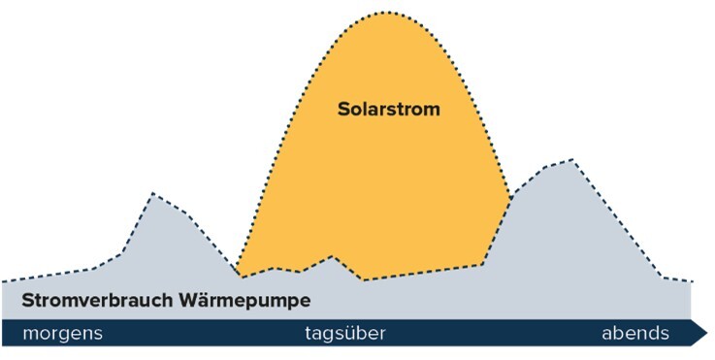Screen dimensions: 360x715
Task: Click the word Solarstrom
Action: click(x=388, y=109)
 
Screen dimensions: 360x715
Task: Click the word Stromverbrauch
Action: click(x=97, y=300)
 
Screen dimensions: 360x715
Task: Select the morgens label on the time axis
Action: click(x=62, y=334)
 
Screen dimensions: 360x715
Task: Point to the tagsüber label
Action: click(x=345, y=334)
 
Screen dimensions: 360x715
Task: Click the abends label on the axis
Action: click(x=635, y=334)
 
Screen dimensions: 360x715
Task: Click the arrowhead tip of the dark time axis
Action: click(x=707, y=333)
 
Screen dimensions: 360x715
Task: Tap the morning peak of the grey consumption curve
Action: click(x=152, y=194)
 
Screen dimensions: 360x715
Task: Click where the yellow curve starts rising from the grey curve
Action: click(x=238, y=276)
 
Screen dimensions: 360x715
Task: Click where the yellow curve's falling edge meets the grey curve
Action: click(x=510, y=199)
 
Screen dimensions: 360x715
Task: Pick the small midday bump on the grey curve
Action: click(x=333, y=257)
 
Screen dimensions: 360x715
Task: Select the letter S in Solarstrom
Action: click(x=343, y=109)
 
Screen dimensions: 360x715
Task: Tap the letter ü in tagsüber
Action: click(x=351, y=334)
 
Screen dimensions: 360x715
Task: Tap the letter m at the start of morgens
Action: click(x=29, y=335)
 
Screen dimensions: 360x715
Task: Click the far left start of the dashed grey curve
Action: click(x=3, y=281)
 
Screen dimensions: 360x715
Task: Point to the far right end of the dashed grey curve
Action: click(x=694, y=281)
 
